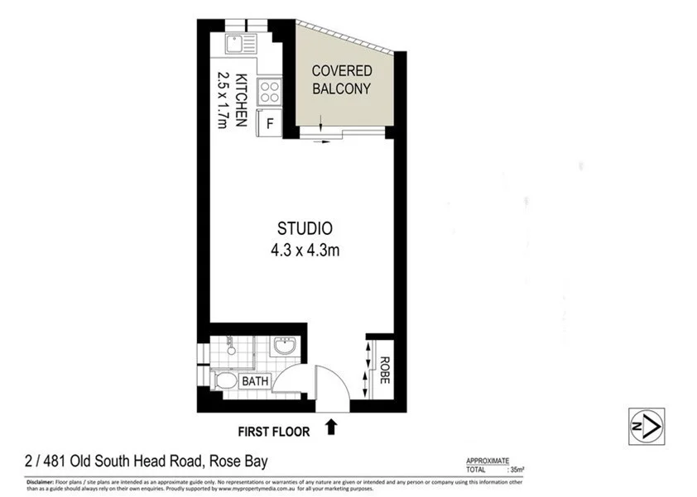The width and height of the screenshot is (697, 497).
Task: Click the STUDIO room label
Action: tap(305, 228)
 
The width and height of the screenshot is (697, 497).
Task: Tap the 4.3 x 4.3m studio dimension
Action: tap(305, 248)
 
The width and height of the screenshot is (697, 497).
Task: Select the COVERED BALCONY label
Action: tap(341, 80)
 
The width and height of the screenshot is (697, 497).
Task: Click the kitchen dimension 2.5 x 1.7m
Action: tap(222, 100)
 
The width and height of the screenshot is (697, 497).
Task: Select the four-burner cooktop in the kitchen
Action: tap(271, 90)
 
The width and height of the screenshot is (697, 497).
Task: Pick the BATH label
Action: tap(253, 382)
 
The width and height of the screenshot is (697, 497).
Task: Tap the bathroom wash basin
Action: tap(284, 346)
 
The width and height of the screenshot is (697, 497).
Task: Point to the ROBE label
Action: tap(384, 365)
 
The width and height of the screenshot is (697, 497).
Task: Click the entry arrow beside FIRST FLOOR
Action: tap(332, 427)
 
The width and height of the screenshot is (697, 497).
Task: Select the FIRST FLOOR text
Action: tap(274, 431)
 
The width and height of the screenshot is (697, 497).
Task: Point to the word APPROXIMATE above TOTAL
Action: tap(488, 461)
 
